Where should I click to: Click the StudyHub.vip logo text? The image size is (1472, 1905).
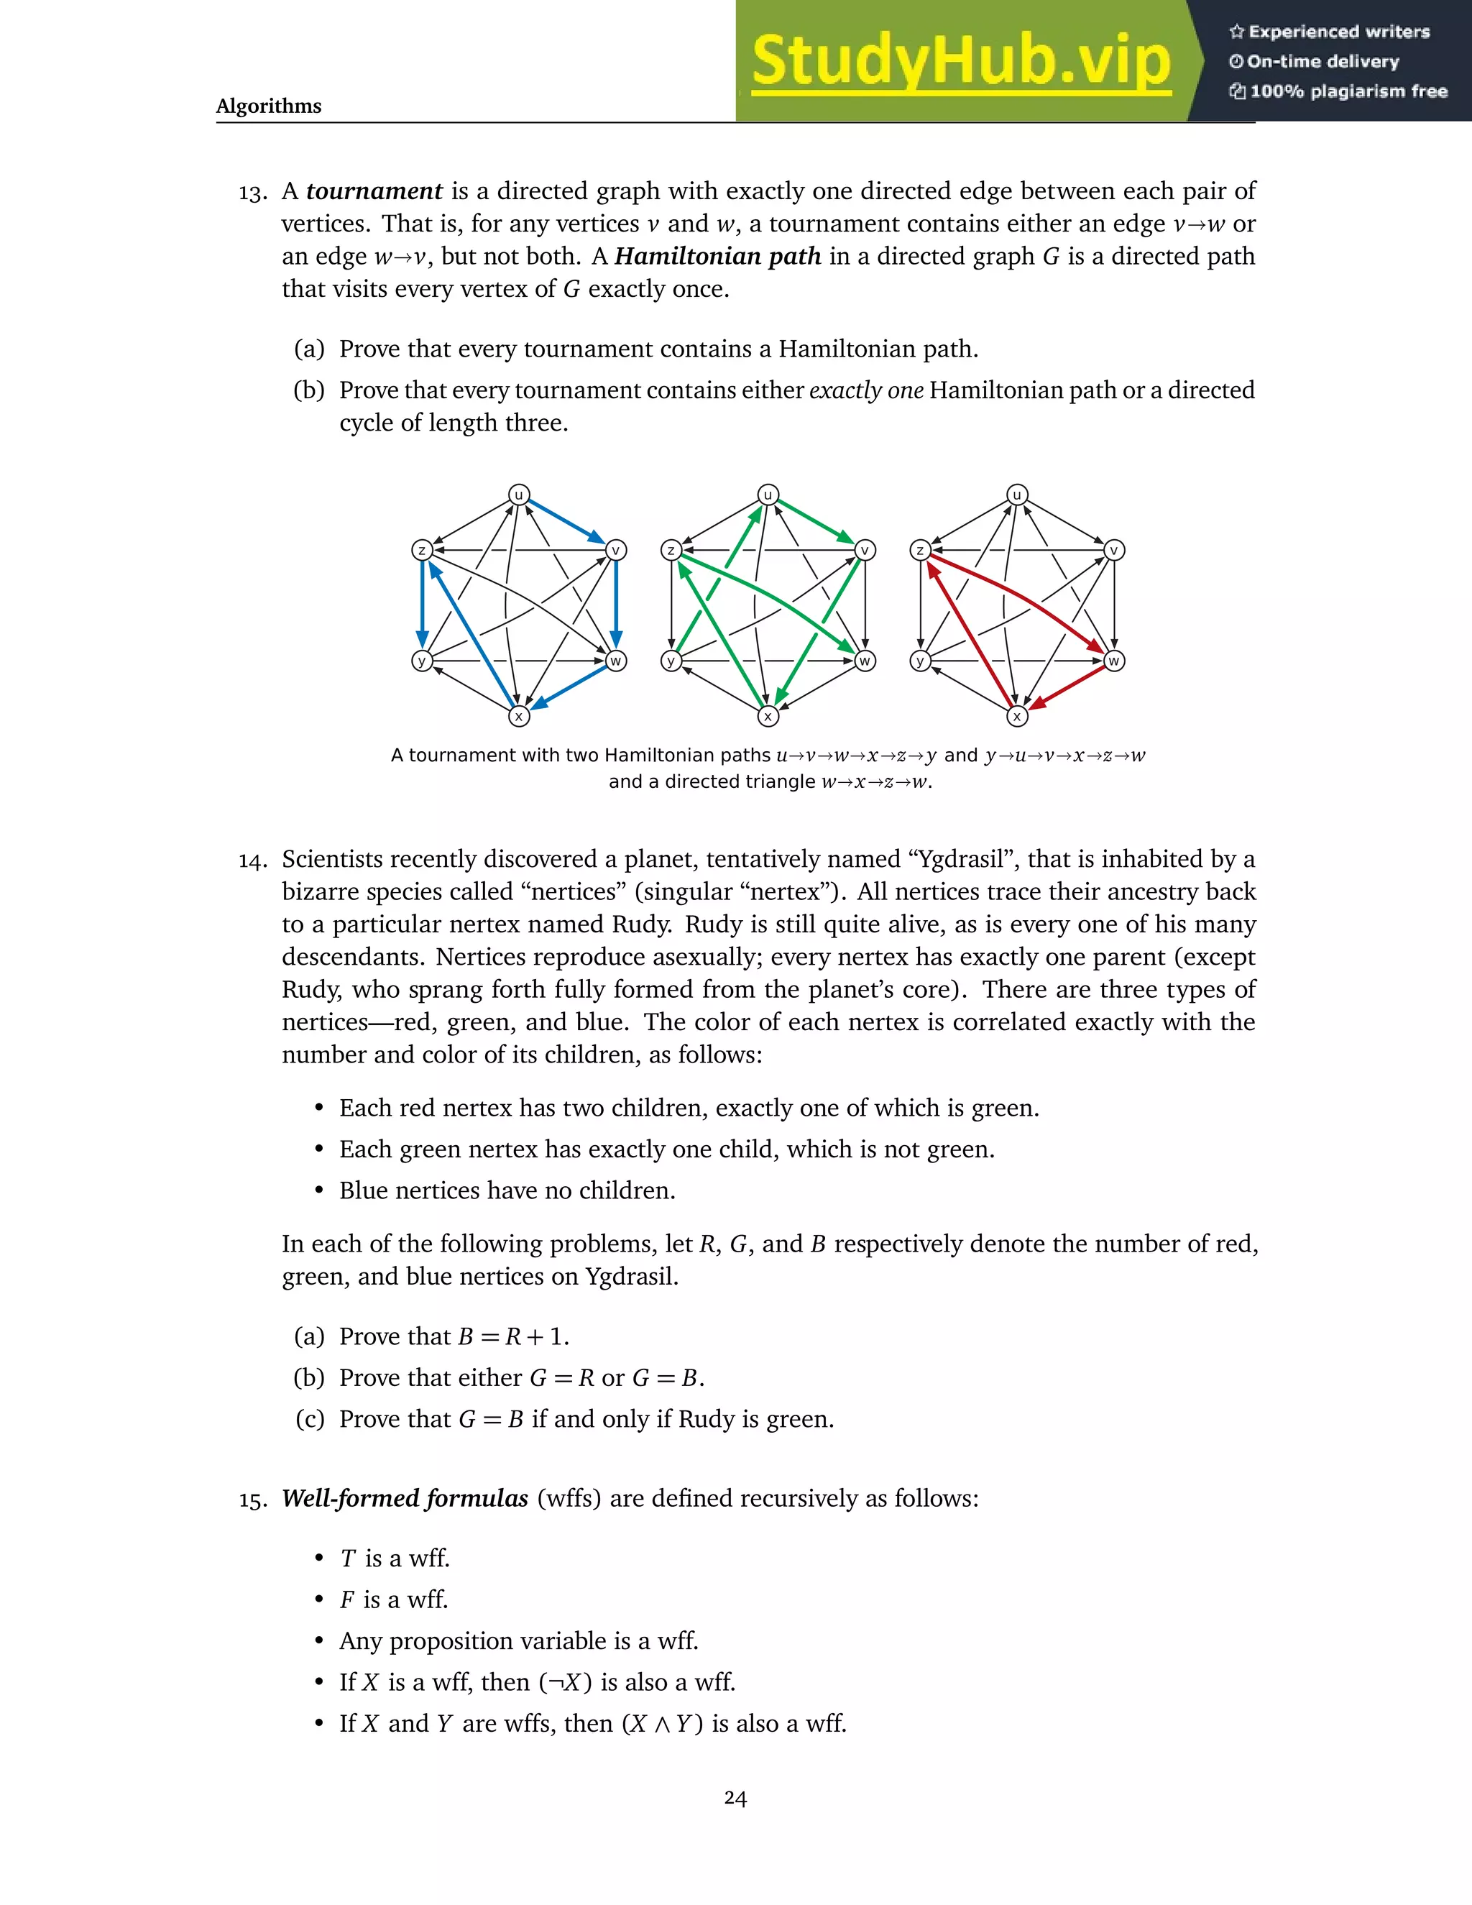[x=960, y=61]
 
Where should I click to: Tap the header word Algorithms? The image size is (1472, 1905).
[x=269, y=106]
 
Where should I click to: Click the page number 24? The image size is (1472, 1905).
[x=735, y=1798]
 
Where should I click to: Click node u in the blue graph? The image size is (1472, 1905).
[x=519, y=495]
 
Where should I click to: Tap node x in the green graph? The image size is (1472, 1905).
[x=768, y=716]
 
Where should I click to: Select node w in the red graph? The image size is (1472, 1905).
[x=1113, y=661]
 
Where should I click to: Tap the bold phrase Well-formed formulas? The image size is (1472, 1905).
[x=405, y=1499]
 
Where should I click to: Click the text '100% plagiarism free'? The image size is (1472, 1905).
[x=1348, y=91]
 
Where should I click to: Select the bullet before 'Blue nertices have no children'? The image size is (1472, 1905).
[x=320, y=1190]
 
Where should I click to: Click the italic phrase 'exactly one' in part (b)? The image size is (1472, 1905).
[x=866, y=390]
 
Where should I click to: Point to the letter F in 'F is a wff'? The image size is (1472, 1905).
[x=347, y=1599]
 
